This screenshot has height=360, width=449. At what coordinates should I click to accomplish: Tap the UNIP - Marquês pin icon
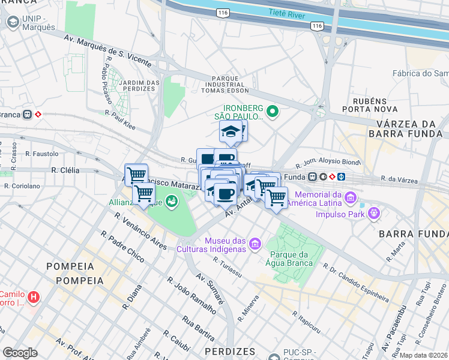12,22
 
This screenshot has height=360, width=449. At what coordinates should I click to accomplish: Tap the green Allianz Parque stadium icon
172,201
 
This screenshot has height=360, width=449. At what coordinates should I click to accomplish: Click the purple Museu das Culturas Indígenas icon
256,243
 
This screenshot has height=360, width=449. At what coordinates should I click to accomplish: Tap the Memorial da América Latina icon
351,197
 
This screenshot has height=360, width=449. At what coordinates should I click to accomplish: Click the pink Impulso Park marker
375,212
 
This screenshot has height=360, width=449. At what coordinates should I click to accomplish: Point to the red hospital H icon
34,296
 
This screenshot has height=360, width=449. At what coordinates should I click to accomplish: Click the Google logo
20,352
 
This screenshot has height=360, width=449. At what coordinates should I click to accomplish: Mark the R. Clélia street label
65,170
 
